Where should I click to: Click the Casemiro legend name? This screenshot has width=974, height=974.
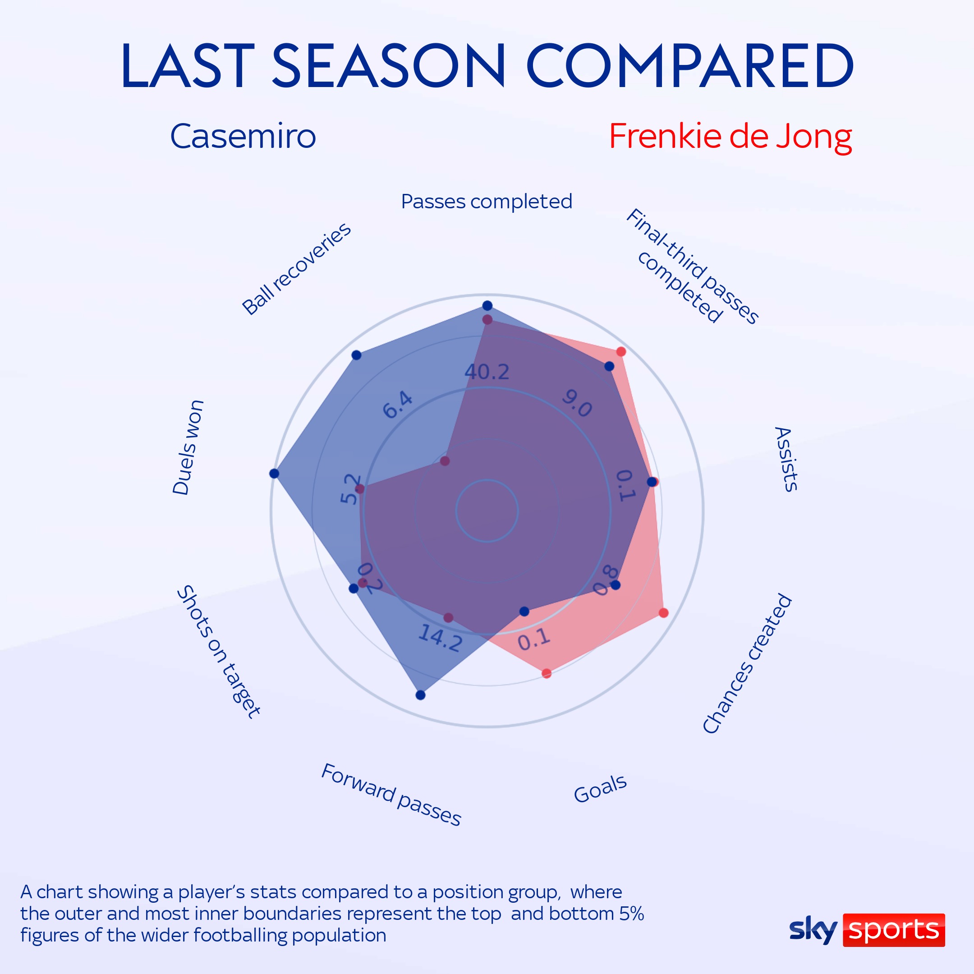[243, 136]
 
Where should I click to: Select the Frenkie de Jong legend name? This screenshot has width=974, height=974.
[730, 137]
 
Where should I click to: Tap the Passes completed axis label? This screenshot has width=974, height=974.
[487, 202]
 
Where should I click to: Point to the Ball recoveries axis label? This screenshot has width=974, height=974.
[296, 269]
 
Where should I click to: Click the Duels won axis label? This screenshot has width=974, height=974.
[188, 447]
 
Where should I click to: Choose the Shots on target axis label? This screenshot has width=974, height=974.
[219, 651]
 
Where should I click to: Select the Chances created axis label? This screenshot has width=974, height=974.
[747, 663]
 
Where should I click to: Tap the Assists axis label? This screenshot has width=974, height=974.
[786, 459]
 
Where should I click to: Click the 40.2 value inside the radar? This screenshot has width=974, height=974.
[487, 372]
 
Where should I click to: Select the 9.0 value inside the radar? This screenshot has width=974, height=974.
[577, 403]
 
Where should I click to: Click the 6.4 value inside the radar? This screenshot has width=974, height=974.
[398, 405]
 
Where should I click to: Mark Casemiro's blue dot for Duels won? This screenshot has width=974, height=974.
[274, 473]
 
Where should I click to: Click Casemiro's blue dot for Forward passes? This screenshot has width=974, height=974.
[421, 695]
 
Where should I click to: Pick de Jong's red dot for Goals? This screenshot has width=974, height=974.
[547, 673]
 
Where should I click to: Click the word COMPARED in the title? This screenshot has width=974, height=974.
[689, 65]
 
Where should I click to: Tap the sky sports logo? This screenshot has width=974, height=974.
[867, 930]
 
